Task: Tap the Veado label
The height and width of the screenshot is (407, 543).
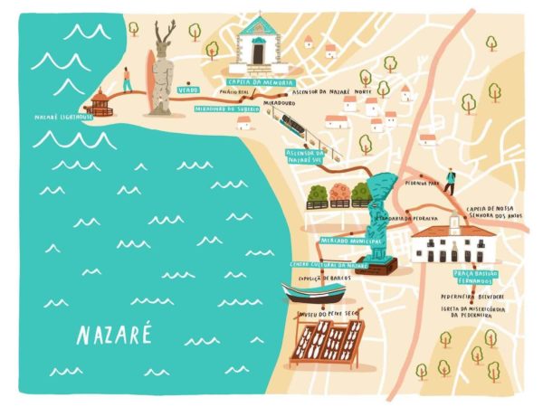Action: click(188, 90)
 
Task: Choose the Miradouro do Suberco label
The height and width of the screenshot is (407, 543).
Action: click(228, 109)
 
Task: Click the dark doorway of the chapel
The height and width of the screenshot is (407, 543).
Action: click(258, 55)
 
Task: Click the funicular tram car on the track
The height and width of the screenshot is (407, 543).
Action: click(292, 122)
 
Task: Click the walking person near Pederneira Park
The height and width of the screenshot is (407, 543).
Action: click(450, 179)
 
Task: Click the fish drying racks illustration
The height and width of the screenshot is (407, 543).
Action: click(328, 344)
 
